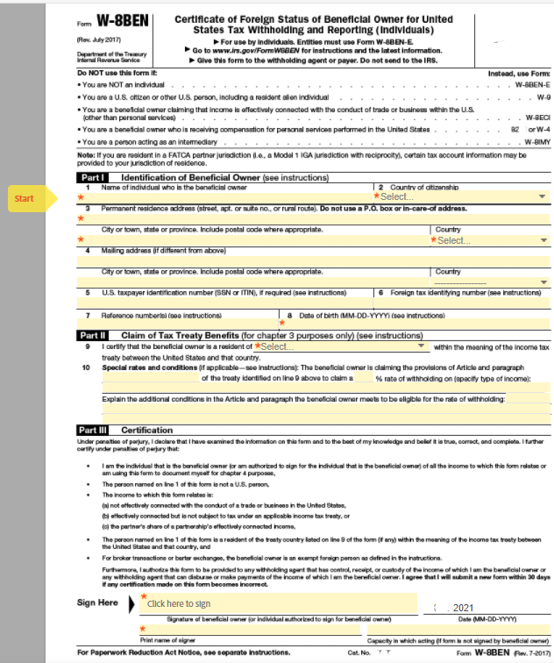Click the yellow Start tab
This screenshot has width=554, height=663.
[25, 198]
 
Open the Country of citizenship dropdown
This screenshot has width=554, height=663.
[462, 196]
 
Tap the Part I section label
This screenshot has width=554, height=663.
[92, 177]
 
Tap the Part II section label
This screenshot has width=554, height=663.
[93, 335]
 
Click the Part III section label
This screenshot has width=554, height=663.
[94, 430]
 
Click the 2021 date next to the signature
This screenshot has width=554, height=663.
[462, 607]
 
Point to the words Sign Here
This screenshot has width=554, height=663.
[97, 602]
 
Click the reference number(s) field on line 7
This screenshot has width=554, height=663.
[184, 324]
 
